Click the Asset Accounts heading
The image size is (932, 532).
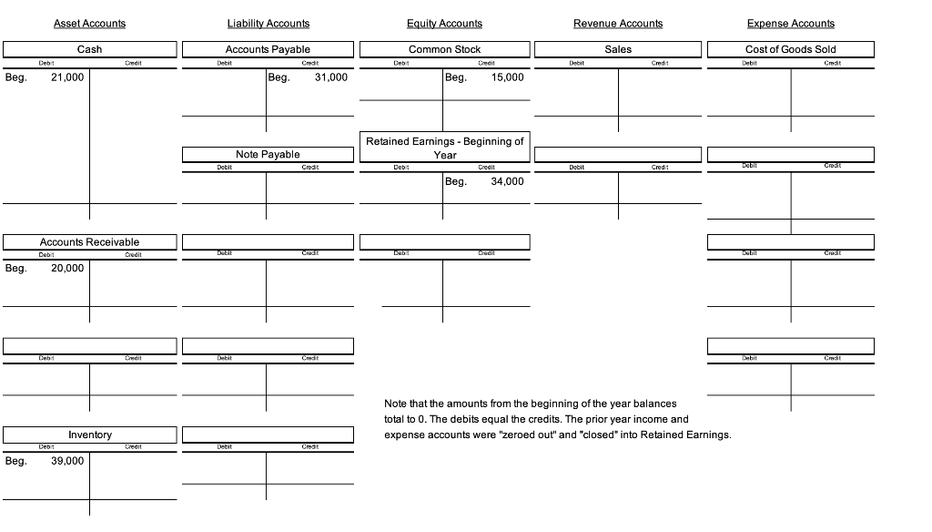pos(89,24)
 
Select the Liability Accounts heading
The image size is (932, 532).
pos(268,24)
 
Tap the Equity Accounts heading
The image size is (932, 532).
pos(444,24)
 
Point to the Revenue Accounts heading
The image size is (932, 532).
pos(618,24)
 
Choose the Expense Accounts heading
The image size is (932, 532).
pos(790,24)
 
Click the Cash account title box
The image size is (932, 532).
pos(89,49)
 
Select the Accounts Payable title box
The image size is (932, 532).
pos(268,49)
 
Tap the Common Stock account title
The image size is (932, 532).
pos(444,49)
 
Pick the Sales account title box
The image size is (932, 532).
pos(618,49)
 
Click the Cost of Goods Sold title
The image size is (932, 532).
pos(790,49)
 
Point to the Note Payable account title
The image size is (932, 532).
pos(268,155)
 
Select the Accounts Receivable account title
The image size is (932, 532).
pos(89,242)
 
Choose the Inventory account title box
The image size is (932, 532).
pos(89,435)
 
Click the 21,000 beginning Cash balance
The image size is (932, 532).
pos(67,77)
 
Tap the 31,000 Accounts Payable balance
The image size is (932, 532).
pos(330,77)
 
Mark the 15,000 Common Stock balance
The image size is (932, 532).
pos(507,77)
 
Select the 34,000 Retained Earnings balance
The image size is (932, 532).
pos(507,181)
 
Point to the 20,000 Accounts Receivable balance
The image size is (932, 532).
pos(67,268)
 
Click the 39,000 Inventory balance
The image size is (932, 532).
pos(67,461)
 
